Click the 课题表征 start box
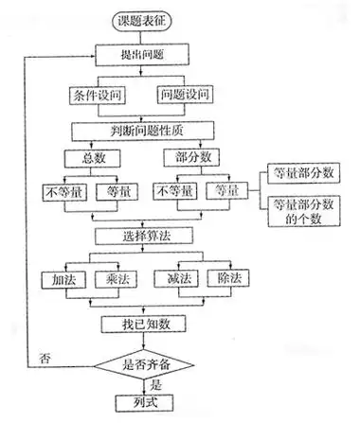[143, 20]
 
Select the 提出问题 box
[143, 56]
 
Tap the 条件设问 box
[97, 96]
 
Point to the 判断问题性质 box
[143, 129]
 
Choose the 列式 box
[143, 402]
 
